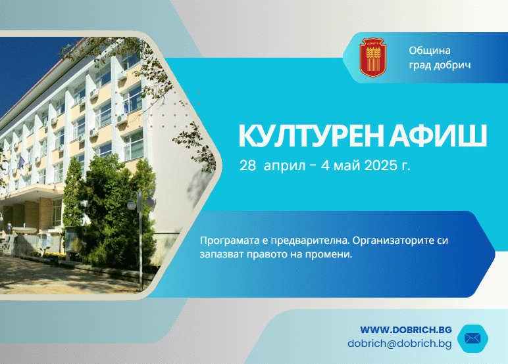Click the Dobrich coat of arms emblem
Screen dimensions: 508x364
coord(373,58)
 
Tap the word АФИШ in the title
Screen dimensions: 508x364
coord(438,136)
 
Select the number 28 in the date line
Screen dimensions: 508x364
coord(248,166)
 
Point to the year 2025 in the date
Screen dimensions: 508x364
coord(381,166)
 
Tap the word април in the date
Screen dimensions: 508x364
coord(284,166)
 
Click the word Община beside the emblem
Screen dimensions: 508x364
coord(430,51)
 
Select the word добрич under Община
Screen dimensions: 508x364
coord(452,65)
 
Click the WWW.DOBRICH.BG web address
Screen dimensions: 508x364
coord(406,330)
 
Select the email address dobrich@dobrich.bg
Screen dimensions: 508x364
coord(400,343)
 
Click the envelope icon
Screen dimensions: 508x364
coord(472,338)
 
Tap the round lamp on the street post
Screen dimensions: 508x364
coord(132,205)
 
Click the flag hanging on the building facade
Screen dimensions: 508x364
coord(21,162)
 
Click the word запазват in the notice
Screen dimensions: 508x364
coord(222,254)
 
